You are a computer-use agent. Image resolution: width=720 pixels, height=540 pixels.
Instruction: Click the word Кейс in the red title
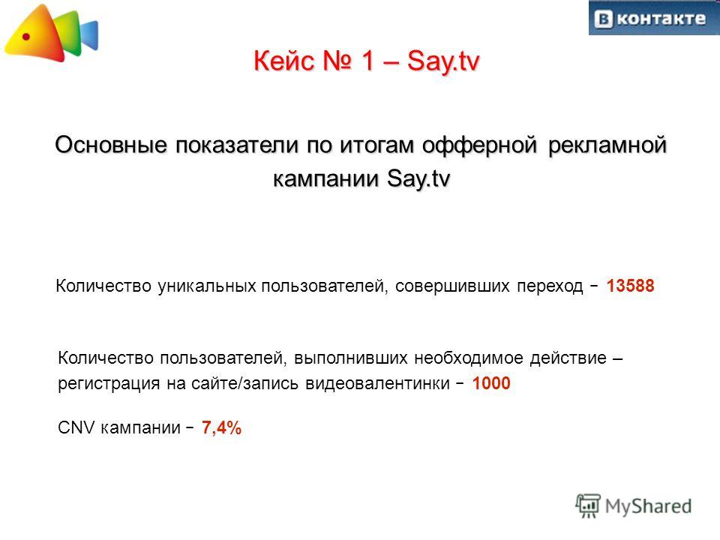[283, 61]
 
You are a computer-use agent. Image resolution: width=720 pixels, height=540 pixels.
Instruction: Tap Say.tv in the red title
[443, 61]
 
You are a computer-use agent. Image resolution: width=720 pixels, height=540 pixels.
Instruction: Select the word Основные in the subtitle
[111, 145]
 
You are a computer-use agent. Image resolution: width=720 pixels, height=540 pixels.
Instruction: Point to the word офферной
[479, 145]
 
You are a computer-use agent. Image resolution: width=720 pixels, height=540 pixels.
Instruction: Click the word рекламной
[607, 145]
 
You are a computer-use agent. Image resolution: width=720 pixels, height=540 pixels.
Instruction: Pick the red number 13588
[630, 286]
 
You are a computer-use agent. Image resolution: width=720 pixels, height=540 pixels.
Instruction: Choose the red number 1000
[490, 383]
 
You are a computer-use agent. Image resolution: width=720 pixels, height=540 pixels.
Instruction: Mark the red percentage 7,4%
[221, 427]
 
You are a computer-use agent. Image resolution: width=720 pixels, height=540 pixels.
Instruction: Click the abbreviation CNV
[76, 427]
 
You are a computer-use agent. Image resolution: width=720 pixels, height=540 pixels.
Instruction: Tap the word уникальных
[207, 286]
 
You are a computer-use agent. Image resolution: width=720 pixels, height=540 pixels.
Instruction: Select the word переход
[550, 286]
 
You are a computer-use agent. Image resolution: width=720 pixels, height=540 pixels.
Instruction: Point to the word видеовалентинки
[377, 383]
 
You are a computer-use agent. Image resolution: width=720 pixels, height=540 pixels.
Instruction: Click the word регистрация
[109, 384]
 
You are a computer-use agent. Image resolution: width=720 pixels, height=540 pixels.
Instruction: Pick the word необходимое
[469, 358]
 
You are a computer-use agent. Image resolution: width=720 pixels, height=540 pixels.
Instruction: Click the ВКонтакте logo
[654, 18]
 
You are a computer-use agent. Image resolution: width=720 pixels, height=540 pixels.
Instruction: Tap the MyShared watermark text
[648, 506]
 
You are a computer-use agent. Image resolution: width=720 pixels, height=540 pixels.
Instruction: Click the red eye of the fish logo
[26, 37]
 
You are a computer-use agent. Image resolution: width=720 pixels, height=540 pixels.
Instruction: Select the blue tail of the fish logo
[89, 35]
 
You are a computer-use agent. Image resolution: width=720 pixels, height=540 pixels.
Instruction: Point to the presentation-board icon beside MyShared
[588, 505]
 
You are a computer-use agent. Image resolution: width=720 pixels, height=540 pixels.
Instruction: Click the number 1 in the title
[368, 61]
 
